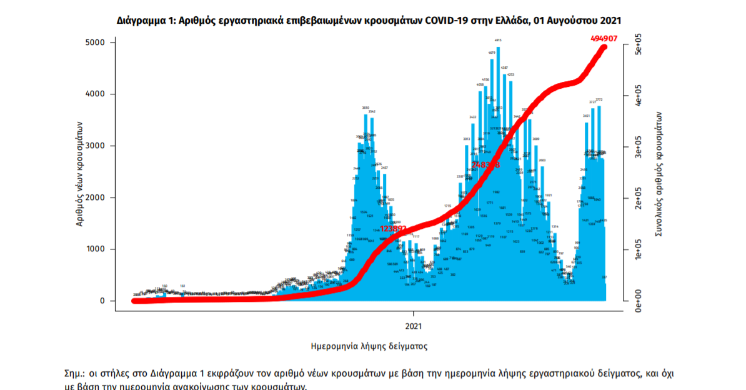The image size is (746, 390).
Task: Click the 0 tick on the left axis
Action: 102,301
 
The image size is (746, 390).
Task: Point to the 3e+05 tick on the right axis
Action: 639,150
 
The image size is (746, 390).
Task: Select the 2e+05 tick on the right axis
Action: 639,202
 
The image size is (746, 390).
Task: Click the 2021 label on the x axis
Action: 413,326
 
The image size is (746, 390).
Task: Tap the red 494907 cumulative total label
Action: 604,38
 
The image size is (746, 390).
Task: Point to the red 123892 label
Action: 394,229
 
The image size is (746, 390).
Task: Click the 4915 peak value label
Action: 498,40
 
